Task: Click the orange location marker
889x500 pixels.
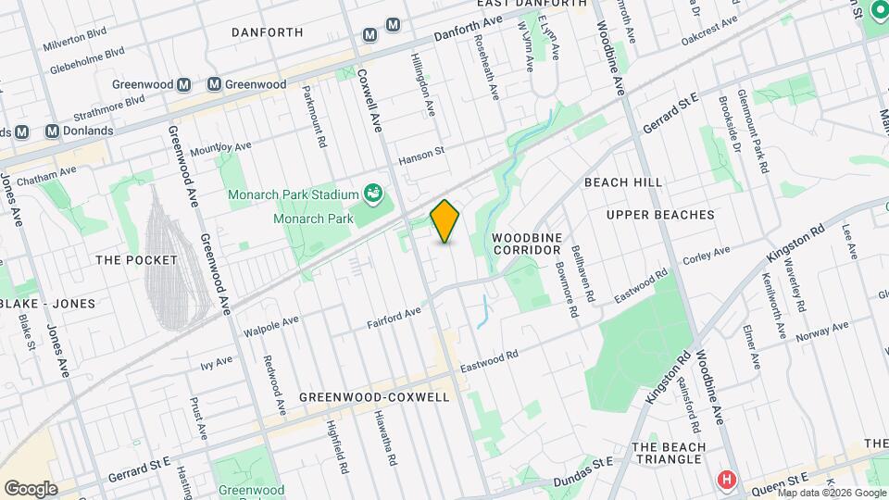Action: point(444,221)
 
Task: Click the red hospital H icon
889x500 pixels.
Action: point(727,480)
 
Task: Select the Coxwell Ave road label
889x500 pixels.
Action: point(369,101)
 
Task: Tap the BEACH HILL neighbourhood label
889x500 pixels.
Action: point(623,182)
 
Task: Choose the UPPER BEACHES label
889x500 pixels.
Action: point(660,215)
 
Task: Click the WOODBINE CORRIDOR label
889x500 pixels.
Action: point(527,244)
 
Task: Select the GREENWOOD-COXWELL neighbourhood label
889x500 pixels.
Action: point(374,397)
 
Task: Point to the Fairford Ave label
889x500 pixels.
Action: point(394,318)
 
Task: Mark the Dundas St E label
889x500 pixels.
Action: point(582,471)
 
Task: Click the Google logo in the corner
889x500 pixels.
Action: point(31,488)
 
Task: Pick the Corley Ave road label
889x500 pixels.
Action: point(707,254)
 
